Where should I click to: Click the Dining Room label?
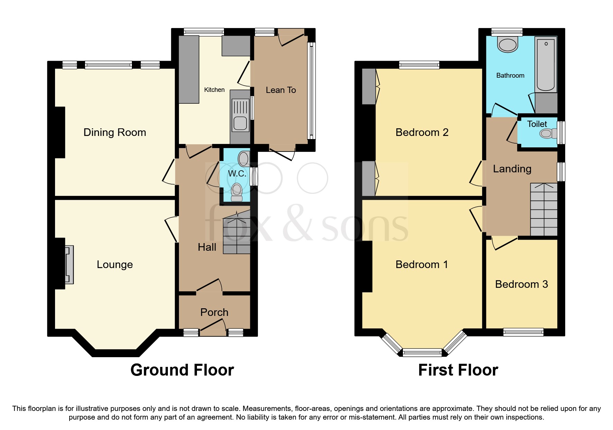115,132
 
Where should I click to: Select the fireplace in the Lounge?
69,265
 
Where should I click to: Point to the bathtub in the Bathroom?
546,65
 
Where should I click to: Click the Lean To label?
281,90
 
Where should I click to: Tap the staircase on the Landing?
544,209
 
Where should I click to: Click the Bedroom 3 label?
521,284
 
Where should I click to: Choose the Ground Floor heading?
182,370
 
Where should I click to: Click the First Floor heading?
458,370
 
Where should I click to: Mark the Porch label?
214,312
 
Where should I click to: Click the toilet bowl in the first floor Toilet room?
546,133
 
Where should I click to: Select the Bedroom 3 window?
523,332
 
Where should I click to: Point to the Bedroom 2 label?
422,132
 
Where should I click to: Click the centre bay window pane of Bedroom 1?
422,353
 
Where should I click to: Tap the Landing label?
512,169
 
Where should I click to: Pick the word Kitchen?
214,90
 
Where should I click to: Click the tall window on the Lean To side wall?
312,90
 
